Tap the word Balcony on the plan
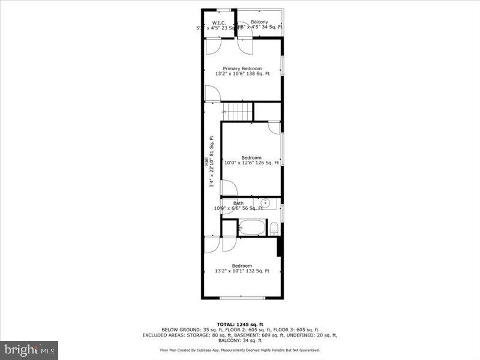click(x=259, y=22)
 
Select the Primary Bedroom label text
click(x=242, y=68)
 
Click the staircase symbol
click(x=238, y=111)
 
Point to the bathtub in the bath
click(x=251, y=227)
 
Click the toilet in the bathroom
click(x=274, y=228)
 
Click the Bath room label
click(x=238, y=203)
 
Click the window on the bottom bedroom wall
click(x=242, y=298)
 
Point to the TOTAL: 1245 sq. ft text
click(x=239, y=325)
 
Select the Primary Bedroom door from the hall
click(x=212, y=94)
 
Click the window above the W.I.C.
click(x=224, y=10)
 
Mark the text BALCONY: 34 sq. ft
click(x=239, y=341)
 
